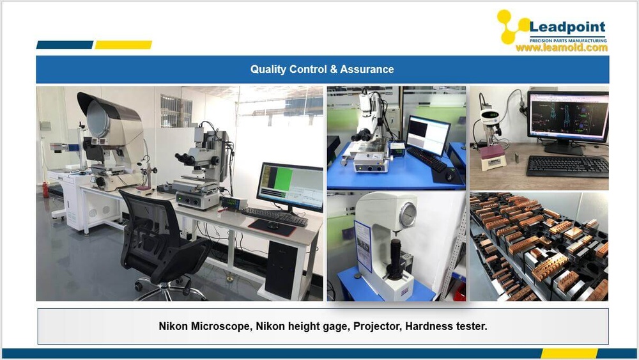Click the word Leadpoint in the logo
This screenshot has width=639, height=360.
coord(567,27)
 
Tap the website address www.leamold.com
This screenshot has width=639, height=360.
coord(562,47)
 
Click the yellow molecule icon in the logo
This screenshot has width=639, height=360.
coord(512,26)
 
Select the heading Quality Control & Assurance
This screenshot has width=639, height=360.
coord(322,69)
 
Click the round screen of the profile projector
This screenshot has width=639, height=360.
coord(98,120)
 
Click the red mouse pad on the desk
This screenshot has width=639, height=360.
coord(272,227)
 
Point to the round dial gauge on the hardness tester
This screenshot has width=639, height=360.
coord(408,215)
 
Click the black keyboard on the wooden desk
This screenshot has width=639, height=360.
coord(567,166)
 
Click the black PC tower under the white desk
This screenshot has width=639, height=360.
coord(281,269)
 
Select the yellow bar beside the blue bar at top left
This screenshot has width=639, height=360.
coord(123,45)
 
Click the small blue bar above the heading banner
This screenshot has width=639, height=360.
coord(65,45)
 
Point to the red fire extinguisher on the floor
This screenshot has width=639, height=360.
coord(45,190)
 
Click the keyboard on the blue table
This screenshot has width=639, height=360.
coord(427,159)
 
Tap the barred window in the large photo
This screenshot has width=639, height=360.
coord(176,111)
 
